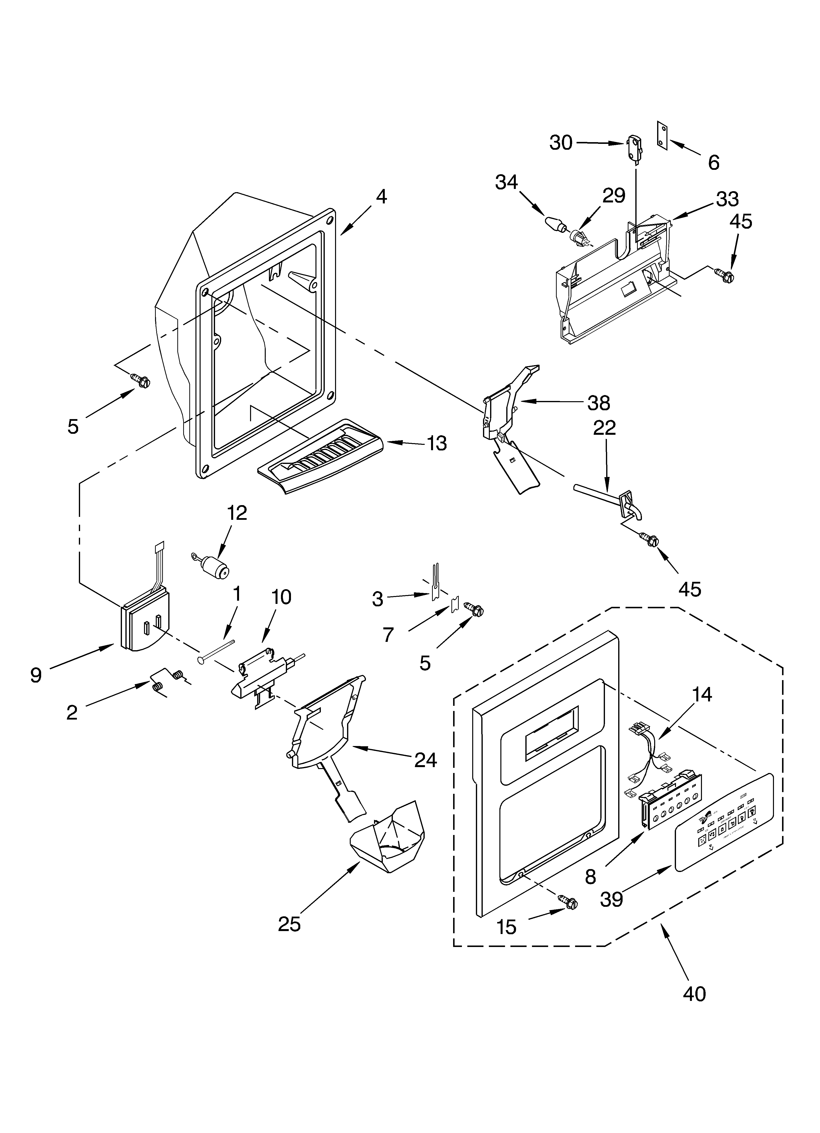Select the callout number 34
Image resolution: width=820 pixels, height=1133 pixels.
pos(506,182)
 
